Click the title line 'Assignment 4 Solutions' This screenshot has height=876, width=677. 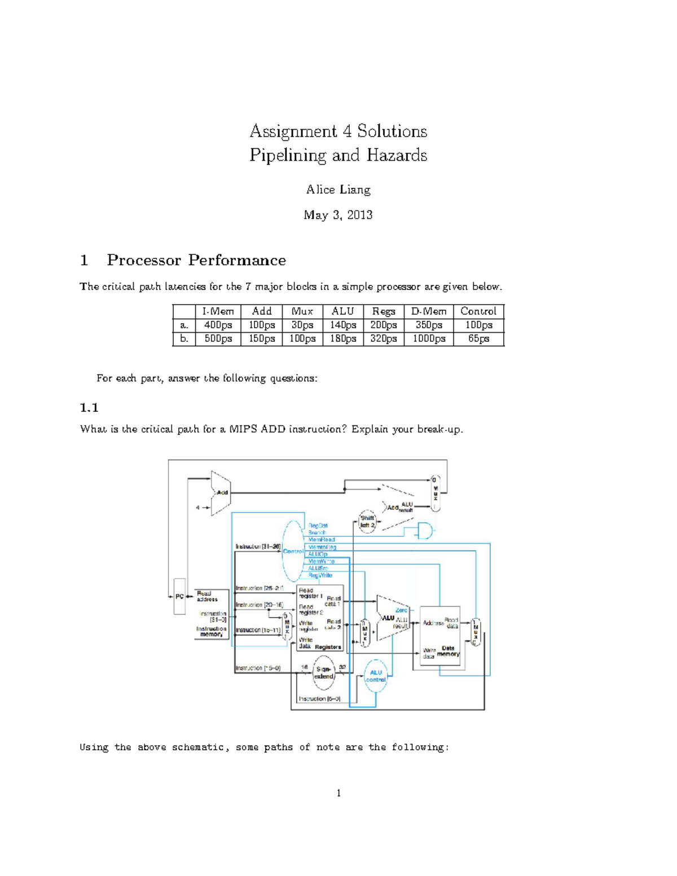[338, 131]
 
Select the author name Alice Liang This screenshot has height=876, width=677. [338, 190]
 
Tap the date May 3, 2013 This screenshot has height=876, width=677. [338, 215]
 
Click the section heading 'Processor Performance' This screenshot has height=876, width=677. [196, 260]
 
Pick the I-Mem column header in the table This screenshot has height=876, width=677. [218, 311]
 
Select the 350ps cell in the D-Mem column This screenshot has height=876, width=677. [428, 325]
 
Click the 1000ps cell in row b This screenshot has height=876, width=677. [428, 338]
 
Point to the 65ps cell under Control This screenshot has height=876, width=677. [478, 338]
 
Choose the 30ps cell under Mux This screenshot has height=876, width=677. [302, 325]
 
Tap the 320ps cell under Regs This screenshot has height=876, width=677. [383, 338]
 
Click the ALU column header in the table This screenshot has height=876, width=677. [343, 311]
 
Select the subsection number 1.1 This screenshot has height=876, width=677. [89, 407]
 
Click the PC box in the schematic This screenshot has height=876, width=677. [179, 596]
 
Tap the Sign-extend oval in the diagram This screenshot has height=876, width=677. [324, 673]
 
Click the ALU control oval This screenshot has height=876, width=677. [376, 676]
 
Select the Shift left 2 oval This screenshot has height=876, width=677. [367, 521]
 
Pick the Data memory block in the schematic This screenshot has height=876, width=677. [440, 636]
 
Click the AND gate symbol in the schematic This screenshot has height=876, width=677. [424, 531]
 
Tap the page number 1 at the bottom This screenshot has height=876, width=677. [338, 793]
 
